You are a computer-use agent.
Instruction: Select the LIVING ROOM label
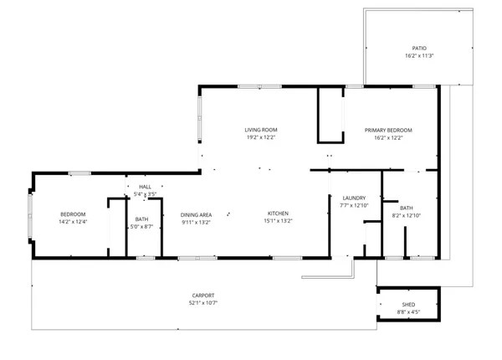[260, 130]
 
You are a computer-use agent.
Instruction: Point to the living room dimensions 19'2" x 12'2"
[260, 137]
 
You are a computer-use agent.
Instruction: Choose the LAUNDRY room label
[355, 198]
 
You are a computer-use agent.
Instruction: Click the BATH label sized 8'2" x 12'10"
[406, 208]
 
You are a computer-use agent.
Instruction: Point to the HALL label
[146, 187]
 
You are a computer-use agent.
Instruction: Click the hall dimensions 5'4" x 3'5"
[146, 194]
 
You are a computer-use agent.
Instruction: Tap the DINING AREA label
[196, 214]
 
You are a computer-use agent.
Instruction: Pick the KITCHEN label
[279, 214]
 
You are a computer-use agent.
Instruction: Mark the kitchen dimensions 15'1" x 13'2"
[279, 222]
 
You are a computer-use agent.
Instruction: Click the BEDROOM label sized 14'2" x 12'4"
[73, 214]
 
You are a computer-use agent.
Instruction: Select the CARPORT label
[202, 295]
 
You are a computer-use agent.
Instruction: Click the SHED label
[408, 305]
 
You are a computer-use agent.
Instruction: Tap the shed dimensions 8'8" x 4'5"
[408, 312]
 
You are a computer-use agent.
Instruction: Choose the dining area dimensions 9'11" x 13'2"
[196, 222]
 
